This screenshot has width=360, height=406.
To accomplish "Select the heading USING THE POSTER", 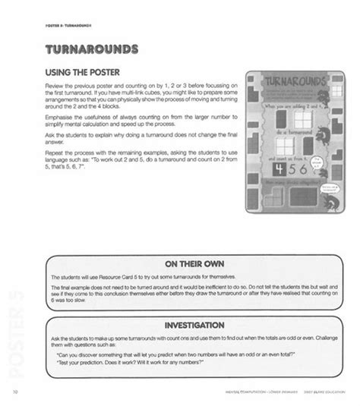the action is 84,74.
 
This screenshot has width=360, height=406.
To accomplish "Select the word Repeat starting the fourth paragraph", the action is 58,160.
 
